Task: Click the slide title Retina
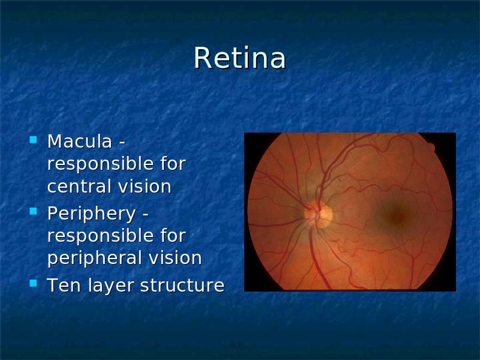pos(240,58)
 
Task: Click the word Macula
pos(80,142)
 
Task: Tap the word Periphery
pos(92,214)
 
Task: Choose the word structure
pos(182,286)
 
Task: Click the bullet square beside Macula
pos(33,140)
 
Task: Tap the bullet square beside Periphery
pos(33,211)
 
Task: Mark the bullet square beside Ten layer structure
pos(33,283)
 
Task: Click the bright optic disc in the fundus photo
pos(319,214)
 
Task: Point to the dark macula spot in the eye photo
pos(397,215)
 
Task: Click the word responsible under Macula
pos(100,164)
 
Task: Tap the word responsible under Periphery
pos(100,236)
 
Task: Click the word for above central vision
pos(173,163)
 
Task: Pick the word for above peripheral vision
pos(173,235)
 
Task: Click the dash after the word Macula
pos(122,143)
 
